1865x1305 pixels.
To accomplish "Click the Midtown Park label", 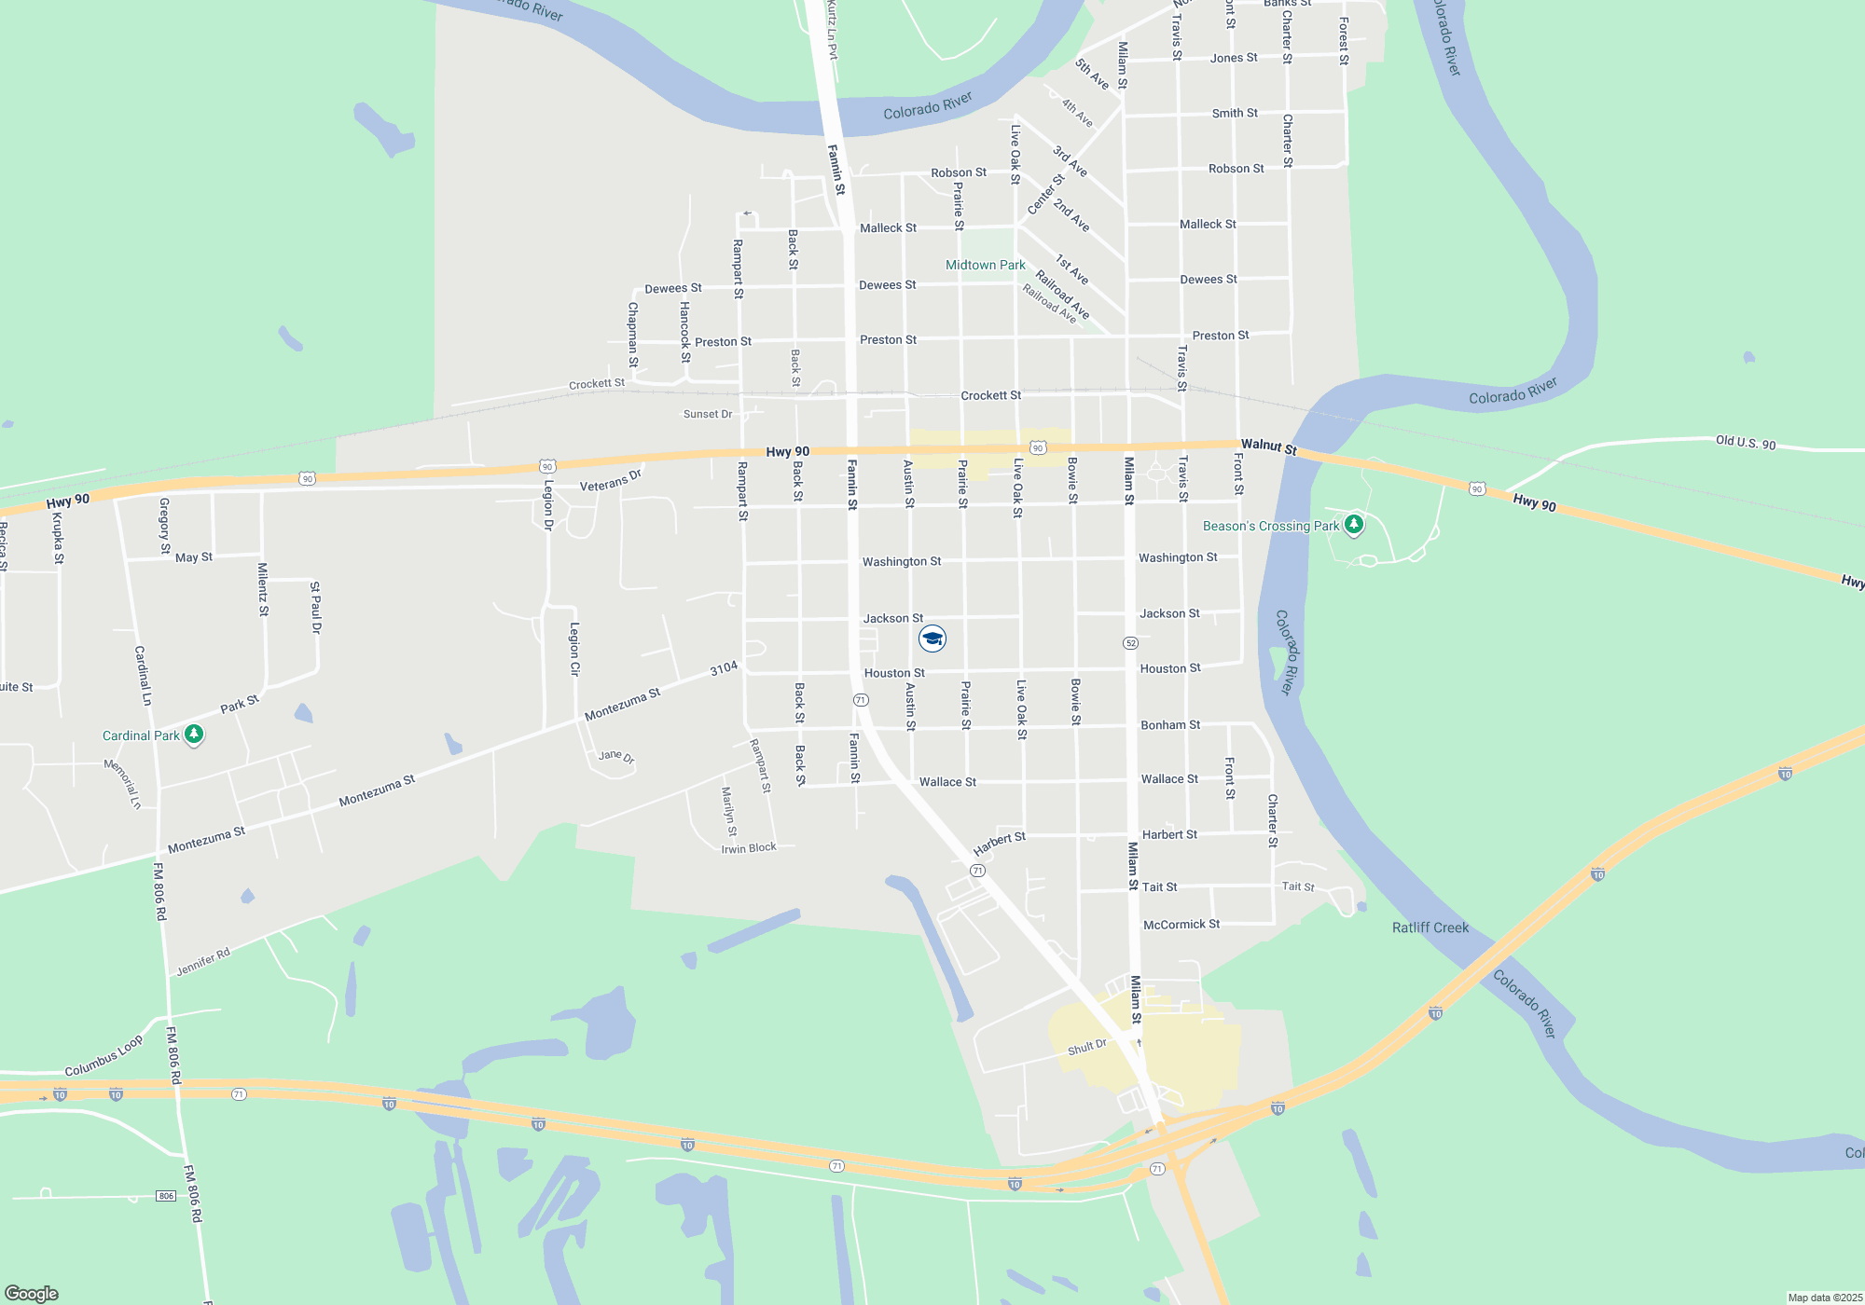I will (985, 266).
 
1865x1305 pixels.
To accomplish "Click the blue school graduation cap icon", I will (932, 639).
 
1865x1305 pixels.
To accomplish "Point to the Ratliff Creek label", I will (1430, 927).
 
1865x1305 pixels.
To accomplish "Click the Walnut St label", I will (1268, 446).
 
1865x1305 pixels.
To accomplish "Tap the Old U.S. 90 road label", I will (1746, 443).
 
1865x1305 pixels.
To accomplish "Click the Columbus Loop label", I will (104, 1056).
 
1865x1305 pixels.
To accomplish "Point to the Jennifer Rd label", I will (203, 962).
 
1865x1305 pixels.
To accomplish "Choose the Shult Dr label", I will (1086, 1048).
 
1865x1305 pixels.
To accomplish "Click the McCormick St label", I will (1181, 925).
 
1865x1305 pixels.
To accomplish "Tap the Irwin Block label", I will (749, 848).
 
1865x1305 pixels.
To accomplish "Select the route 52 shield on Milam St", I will (1130, 643).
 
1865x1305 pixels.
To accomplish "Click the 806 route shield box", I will (166, 1196).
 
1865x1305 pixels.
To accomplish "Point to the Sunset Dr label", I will (708, 414).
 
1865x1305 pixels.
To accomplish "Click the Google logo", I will (32, 1293).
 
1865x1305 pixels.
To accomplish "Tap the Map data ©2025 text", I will (1824, 1298).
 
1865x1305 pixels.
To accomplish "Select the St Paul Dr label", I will (315, 608).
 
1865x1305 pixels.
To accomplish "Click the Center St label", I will (1045, 194).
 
